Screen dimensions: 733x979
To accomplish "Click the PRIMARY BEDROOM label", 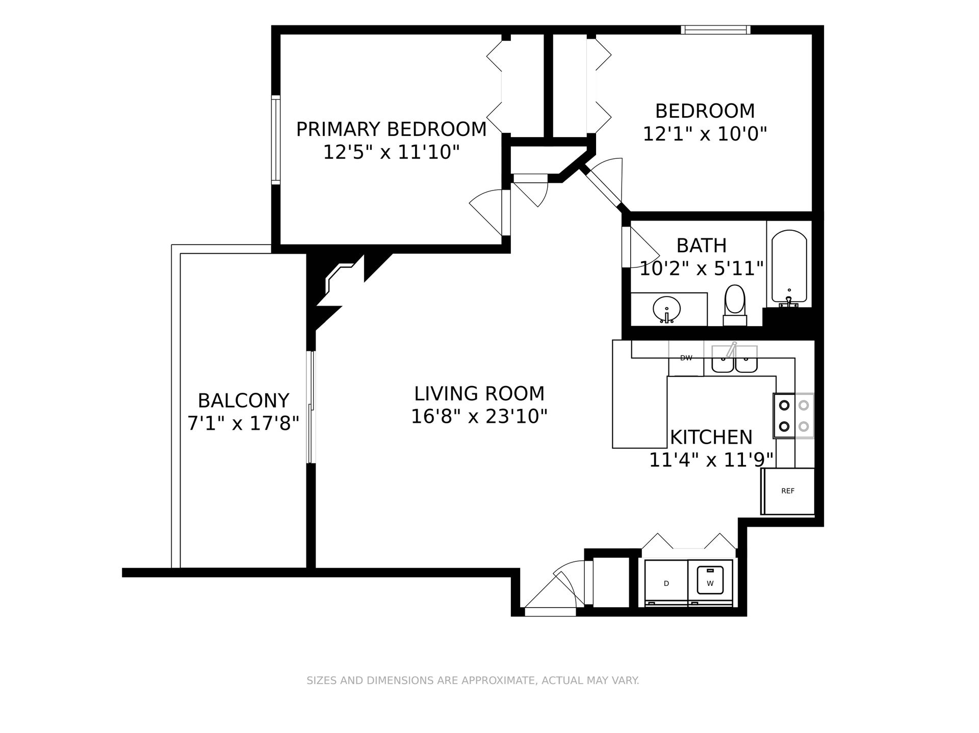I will tap(391, 129).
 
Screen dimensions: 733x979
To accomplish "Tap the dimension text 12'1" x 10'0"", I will tap(705, 134).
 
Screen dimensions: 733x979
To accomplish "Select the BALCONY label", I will tap(243, 401).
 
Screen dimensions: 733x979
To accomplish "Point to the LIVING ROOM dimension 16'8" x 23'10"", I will tap(479, 417).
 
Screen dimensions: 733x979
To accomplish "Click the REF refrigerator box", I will tap(788, 491).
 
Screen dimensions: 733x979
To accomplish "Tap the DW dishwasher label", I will tap(686, 358).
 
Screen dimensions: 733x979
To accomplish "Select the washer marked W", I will tap(710, 583).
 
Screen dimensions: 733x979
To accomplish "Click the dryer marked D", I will tap(666, 583).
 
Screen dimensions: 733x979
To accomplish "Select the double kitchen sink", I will tap(734, 359).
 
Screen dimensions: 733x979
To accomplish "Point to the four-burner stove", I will tap(793, 416).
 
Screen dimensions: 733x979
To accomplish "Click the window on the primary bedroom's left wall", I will tap(275, 140).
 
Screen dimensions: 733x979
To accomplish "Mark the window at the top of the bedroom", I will tap(715, 30).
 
